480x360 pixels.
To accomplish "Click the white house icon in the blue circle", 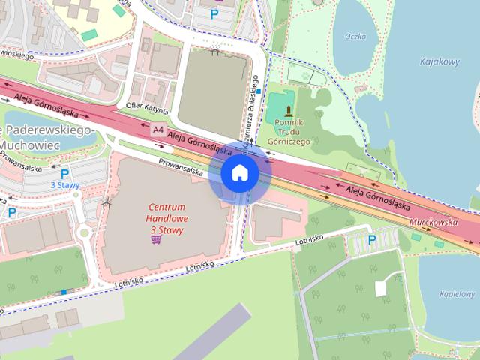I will [x=239, y=172].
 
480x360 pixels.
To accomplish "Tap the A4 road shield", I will [x=157, y=130].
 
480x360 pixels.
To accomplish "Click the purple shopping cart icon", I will [x=156, y=239].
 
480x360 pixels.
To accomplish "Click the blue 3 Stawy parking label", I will [x=64, y=184].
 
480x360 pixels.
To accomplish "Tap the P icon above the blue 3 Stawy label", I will [x=64, y=174].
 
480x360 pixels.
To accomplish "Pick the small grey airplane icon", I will [x=106, y=200].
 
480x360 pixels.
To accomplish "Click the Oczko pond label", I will [x=355, y=36].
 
